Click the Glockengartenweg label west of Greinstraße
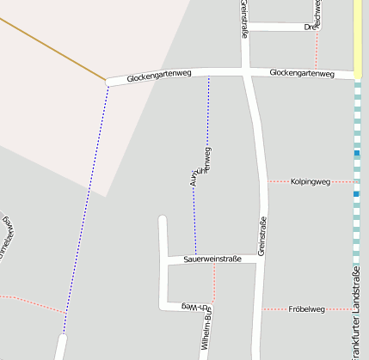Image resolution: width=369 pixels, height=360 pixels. click(x=158, y=76)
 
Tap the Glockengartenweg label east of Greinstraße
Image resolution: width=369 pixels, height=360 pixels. click(x=301, y=73)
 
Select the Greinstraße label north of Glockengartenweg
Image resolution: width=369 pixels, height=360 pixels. click(x=245, y=19)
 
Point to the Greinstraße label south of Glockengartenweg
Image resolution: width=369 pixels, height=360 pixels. click(x=261, y=233)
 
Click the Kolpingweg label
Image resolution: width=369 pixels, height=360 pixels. click(x=311, y=181)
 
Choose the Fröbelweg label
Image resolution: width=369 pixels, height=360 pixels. click(x=306, y=308)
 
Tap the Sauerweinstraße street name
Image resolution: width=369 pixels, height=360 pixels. click(x=211, y=259)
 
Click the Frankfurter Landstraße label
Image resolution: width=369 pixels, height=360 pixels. click(x=356, y=314)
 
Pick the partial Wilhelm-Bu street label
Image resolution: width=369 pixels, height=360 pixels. click(x=205, y=335)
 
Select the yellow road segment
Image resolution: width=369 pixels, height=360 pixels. click(x=356, y=39)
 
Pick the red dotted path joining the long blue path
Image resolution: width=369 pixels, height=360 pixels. click(x=34, y=302)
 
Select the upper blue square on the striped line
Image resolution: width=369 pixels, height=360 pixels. click(x=356, y=153)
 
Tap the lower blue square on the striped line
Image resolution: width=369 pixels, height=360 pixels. click(x=356, y=194)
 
